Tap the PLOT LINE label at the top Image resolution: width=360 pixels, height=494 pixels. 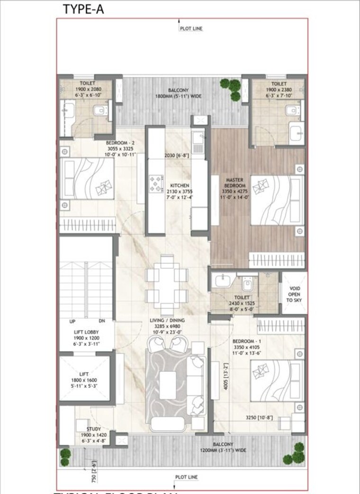(x=191, y=28)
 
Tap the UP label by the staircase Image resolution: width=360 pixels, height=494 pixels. (x=72, y=322)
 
